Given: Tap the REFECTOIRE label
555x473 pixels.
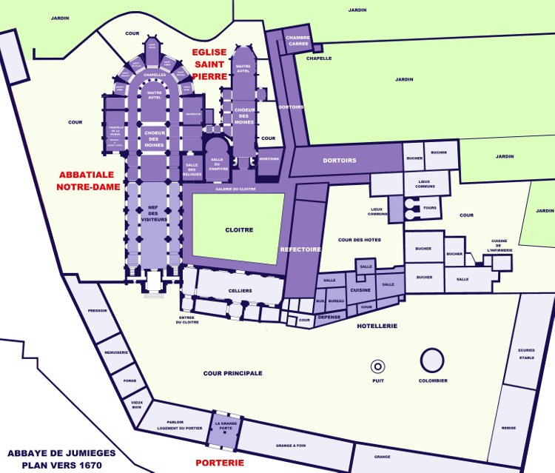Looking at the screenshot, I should pos(301,249).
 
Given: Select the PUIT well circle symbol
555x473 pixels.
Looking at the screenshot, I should pos(378,366).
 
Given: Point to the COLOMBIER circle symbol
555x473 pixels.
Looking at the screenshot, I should pos(432,360).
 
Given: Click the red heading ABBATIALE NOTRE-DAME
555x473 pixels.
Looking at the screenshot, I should pos(88,181).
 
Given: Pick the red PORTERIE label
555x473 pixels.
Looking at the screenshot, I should pos(220,463).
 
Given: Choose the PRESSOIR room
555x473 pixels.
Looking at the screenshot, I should pos(98,312).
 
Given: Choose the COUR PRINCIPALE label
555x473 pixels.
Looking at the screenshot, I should pos(232,373).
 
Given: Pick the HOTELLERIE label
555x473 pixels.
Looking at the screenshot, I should pos(377,326).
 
